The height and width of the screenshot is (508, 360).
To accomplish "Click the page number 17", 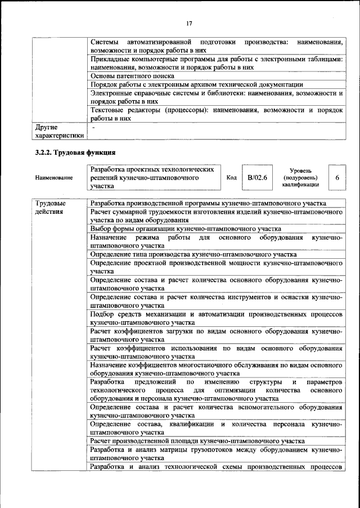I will point(189,23).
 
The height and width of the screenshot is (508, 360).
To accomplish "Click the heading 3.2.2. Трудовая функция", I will point(75,152).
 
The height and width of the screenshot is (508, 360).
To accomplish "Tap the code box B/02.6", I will point(257,178).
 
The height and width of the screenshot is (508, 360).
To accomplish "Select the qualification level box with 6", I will point(336,178).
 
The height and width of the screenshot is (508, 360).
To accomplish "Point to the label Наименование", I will point(54,178).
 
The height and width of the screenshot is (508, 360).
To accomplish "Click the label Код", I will point(231,178).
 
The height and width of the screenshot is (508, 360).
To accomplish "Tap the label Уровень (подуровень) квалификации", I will point(300,177).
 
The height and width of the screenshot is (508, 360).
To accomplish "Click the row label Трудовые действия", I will point(50,208).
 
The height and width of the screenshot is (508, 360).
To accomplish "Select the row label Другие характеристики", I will point(58,132).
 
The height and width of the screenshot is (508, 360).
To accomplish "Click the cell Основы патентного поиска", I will point(133,76).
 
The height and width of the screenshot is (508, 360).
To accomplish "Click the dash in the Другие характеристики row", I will point(93,128).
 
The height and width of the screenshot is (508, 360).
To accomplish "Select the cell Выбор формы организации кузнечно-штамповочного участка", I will point(186,229).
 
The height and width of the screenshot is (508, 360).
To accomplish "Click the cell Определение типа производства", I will point(185,254).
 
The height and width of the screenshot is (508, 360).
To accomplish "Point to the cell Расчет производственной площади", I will point(197,440).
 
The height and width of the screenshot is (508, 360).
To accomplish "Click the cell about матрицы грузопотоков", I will point(216,454).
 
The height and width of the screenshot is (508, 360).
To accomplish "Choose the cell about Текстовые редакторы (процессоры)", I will point(216,114).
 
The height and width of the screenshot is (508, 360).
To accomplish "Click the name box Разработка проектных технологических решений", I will point(154,178).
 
